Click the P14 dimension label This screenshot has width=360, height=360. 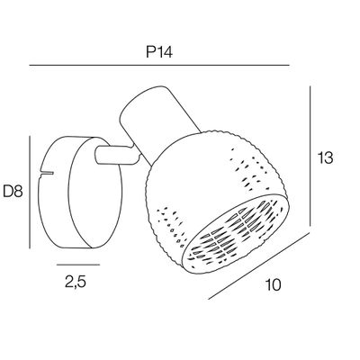pyautogui.click(x=159, y=52)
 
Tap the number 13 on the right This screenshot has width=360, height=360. pyautogui.click(x=326, y=157)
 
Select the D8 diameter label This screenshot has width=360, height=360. pyautogui.click(x=13, y=191)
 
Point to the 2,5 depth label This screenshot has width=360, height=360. pyautogui.click(x=76, y=282)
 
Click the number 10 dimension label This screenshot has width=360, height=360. pyautogui.click(x=274, y=284)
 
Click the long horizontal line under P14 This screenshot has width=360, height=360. pyautogui.click(x=159, y=65)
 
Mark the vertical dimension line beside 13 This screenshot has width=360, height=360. pyautogui.click(x=310, y=156)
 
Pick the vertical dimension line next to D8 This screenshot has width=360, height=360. pyautogui.click(x=30, y=192)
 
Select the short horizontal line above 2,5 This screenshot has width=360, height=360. pyautogui.click(x=78, y=265)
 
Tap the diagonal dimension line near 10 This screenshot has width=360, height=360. pyautogui.click(x=258, y=266)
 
